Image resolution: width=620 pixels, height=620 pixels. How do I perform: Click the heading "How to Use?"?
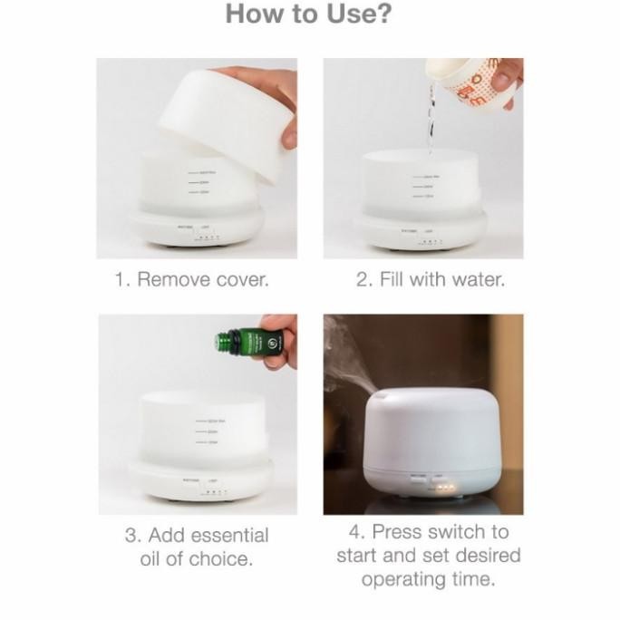point(310,15)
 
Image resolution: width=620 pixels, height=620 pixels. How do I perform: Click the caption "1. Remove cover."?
point(191,279)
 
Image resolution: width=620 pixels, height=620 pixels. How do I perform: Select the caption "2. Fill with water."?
point(430,279)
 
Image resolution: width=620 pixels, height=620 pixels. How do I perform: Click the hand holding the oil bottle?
point(280,337)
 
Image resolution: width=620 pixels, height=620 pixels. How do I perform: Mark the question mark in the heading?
point(385,15)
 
